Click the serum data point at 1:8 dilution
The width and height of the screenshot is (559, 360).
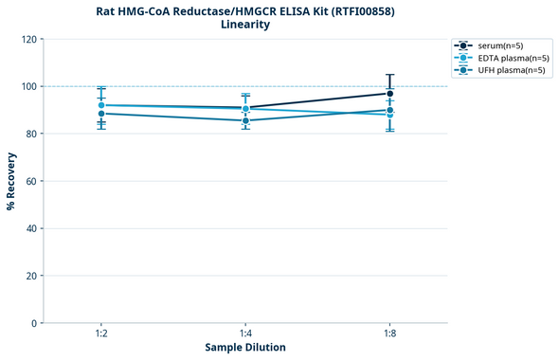[390, 93]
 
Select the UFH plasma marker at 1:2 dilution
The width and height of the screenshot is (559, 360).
[101, 114]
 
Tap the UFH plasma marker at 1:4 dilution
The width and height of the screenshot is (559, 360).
[245, 120]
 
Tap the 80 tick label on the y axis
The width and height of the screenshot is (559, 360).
[31, 134]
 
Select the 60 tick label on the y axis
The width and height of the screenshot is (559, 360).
[31, 181]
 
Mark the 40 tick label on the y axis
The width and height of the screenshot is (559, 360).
[31, 228]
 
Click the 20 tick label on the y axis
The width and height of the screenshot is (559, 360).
[31, 276]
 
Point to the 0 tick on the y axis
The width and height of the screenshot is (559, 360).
[34, 323]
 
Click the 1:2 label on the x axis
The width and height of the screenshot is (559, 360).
[101, 334]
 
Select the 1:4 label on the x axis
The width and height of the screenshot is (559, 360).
[245, 334]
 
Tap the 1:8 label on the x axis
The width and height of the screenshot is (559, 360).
[390, 334]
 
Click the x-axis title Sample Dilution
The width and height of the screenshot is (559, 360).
[245, 348]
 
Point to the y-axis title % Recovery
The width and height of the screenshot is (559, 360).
[11, 181]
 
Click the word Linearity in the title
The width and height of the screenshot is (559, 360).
[245, 25]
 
